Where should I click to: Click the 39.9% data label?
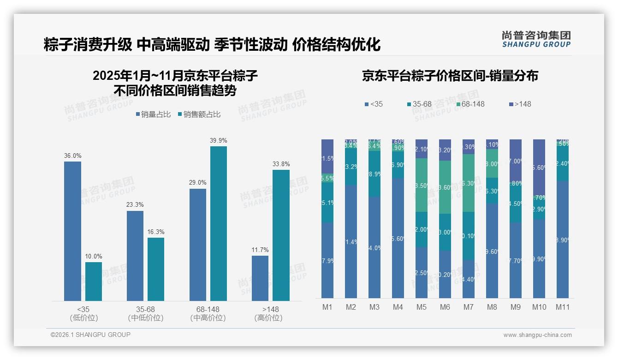(x=219, y=141)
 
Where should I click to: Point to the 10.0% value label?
(x=94, y=257)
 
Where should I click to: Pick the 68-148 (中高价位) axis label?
(x=208, y=313)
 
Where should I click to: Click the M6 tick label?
(x=445, y=307)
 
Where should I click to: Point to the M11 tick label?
(x=562, y=307)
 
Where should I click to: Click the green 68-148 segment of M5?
(x=421, y=185)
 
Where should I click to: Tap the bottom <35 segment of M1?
(x=327, y=260)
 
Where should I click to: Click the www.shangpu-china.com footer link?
(x=537, y=335)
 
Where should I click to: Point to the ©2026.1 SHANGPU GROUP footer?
(x=90, y=335)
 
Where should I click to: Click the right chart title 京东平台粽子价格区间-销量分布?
(x=450, y=76)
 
